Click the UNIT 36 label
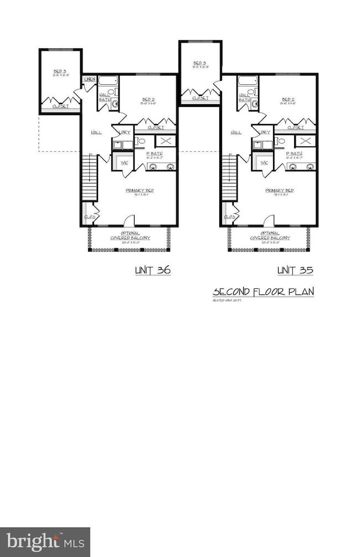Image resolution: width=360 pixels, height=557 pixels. coord(153,270)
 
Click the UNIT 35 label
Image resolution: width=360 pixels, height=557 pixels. coord(295,270)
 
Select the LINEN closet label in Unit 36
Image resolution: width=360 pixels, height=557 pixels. coord(90,80)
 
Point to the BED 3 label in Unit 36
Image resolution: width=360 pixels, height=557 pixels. coord(60,72)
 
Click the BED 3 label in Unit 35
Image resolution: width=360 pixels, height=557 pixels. coord(199,64)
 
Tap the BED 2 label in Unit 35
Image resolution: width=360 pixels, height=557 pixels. coord(287,100)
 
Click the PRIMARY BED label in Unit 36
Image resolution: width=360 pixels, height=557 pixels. coord(140,191)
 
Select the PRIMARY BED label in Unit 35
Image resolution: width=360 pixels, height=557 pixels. coord(279,191)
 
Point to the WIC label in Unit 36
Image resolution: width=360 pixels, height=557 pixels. coord(124,162)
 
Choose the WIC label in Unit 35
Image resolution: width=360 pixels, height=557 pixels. coord(264,162)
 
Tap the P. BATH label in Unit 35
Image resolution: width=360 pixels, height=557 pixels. coord(294,154)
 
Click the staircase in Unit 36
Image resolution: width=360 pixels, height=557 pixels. coord(90,177)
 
